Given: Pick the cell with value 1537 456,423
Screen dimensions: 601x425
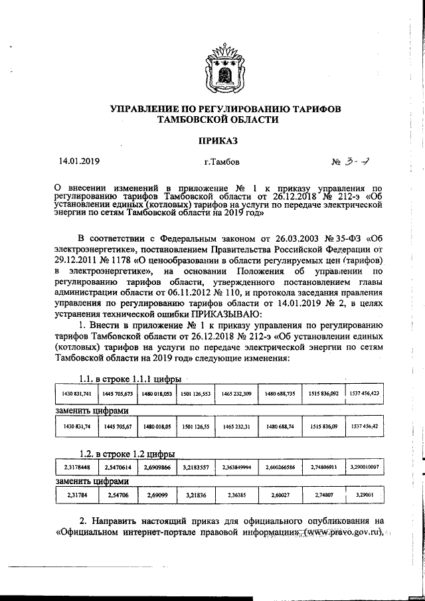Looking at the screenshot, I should [364, 394].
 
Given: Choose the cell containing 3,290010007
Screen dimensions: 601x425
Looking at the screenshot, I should [364, 468].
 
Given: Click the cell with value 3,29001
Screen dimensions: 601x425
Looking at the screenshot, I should [364, 495].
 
